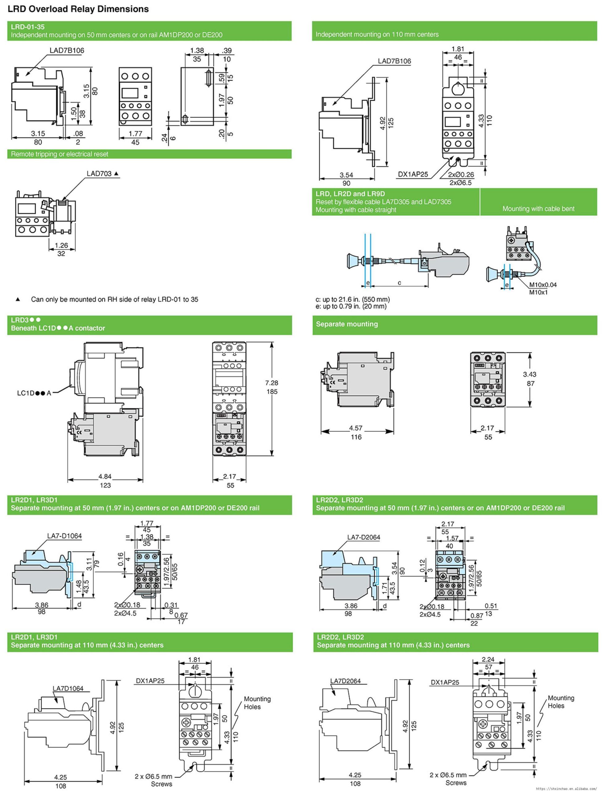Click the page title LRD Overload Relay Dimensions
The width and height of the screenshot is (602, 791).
78,9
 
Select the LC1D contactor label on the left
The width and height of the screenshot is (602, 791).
34,393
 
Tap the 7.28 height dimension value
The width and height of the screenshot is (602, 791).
272,383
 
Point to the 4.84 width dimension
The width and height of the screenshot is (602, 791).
105,476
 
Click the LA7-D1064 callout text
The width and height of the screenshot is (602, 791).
65,536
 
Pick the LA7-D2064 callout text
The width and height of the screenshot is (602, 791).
363,537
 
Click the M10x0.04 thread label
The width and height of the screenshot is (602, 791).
543,285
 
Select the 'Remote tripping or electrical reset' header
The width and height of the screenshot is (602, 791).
60,154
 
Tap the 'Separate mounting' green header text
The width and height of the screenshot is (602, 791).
347,324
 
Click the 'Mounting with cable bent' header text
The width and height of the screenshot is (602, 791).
538,209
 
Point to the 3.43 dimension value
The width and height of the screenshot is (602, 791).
529,374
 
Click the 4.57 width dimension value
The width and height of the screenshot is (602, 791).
356,428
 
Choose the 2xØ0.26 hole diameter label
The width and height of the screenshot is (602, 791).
461,175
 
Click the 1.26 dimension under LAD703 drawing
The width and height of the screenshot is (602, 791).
61,246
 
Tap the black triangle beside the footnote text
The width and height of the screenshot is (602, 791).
18,299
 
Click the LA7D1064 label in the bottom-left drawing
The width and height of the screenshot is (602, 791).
68,688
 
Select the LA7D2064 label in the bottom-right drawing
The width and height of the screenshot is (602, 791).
345,681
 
